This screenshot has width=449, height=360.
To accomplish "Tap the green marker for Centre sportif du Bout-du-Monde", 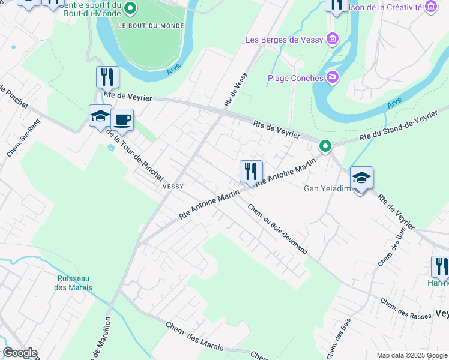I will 133,8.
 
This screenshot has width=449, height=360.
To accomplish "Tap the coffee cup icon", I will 122,119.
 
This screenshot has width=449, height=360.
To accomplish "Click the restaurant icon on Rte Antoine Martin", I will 251,171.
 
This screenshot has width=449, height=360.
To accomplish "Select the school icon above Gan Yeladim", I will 361,178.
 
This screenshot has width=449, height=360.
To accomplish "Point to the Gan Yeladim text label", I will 327,188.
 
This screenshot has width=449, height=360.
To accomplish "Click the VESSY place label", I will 173,187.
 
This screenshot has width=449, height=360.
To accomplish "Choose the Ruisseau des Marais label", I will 75,283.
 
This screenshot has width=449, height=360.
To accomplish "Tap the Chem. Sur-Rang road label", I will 19,143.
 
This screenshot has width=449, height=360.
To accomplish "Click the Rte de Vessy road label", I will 236,93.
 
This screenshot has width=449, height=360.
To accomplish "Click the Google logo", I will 19,353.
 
